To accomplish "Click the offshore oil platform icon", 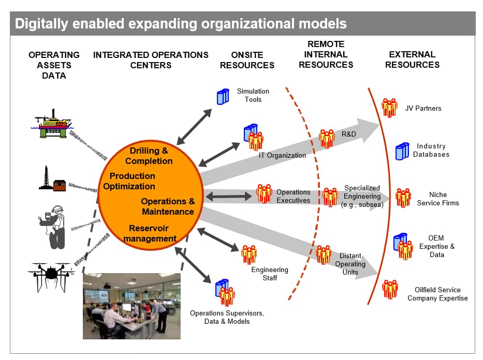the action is point(52,124).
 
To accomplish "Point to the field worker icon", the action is point(52,227).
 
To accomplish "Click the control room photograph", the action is point(131,306).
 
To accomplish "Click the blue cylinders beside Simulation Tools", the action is point(223,97).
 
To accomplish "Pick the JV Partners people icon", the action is point(389,108).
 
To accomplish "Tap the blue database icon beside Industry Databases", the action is point(402,151).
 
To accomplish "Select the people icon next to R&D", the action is point(327,139).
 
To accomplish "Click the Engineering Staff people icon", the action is point(249,254).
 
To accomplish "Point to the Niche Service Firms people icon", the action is point(403,198).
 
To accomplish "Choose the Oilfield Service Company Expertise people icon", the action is point(390,289).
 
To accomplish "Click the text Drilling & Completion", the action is point(149,156).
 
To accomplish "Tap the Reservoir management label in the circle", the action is point(150,233).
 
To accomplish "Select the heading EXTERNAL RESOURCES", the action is point(412,59).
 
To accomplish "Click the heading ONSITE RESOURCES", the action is point(247,60).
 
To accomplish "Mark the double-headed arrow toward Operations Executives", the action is point(228,197).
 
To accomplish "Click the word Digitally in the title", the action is point(41,24).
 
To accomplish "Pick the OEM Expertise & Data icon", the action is point(403,246).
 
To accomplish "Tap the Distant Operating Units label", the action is point(350,264).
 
